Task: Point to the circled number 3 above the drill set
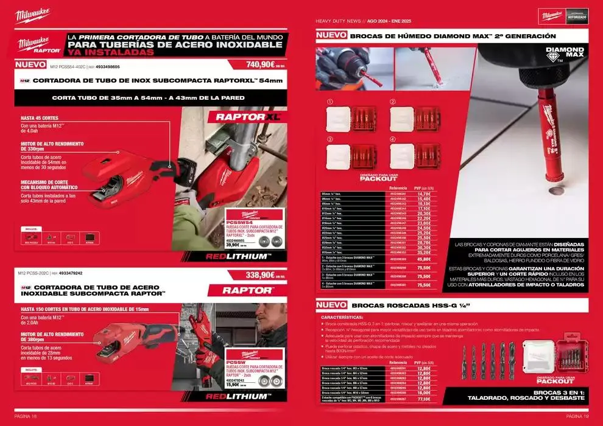click(330, 139)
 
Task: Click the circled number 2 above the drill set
click(393, 102)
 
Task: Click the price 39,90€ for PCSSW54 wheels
click(234, 245)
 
